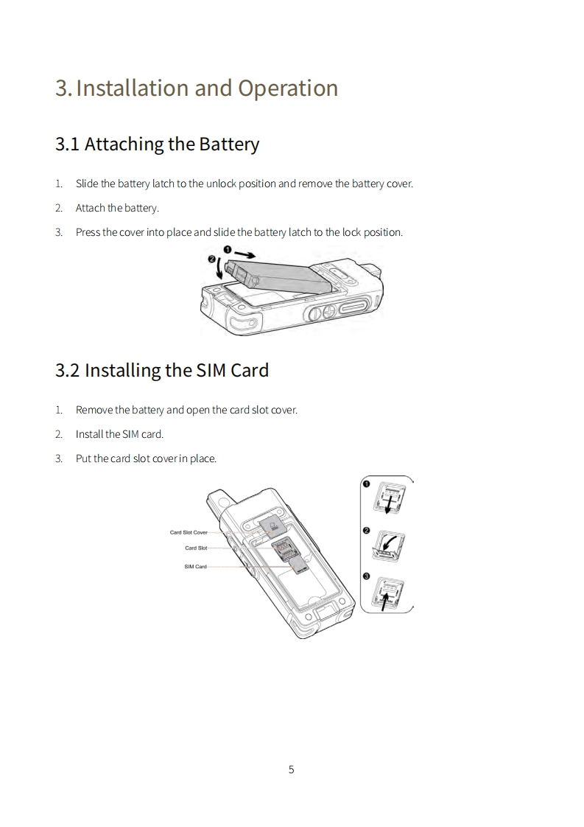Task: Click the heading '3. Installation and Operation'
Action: point(197,88)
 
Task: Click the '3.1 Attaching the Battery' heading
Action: point(157,144)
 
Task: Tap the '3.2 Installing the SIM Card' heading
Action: point(162,370)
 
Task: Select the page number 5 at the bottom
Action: point(291,770)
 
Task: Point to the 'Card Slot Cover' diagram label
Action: point(189,532)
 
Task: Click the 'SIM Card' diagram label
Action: point(195,567)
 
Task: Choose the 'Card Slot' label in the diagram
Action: point(196,548)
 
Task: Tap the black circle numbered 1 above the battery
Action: point(228,251)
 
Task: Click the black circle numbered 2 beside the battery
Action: point(212,259)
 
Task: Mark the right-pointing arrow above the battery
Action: point(246,252)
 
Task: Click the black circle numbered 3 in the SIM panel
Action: point(367,576)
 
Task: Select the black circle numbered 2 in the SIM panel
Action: point(367,530)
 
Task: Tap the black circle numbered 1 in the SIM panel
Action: point(367,484)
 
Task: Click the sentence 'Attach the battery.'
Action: point(117,208)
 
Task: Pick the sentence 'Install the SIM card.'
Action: point(119,434)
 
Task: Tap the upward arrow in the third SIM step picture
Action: point(384,598)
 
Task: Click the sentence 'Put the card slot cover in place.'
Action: point(146,458)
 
